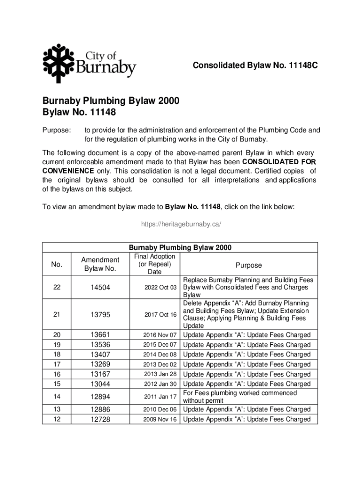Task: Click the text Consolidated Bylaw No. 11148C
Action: (255, 66)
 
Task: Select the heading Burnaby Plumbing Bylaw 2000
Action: (111, 101)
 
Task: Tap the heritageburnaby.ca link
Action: (180, 225)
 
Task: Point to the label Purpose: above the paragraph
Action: (57, 130)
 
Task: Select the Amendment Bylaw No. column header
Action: (100, 264)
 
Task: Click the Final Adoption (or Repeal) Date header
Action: (154, 264)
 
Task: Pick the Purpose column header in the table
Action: (248, 265)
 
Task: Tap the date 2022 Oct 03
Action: (160, 288)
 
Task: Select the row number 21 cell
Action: (57, 315)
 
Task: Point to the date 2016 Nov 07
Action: (160, 335)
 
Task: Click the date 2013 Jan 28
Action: (160, 374)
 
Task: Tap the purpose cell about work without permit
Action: (239, 397)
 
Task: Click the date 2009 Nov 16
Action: (160, 420)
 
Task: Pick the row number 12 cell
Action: (57, 420)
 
